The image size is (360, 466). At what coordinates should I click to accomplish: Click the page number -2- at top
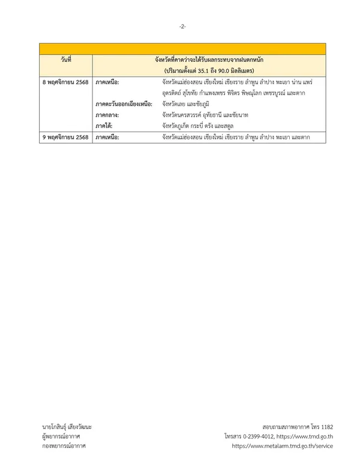click(x=182, y=27)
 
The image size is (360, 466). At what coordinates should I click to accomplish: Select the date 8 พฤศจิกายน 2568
click(x=65, y=80)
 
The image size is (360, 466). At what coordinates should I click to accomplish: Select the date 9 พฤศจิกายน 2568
click(x=65, y=138)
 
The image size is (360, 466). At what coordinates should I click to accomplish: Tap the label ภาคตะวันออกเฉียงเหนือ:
click(x=123, y=103)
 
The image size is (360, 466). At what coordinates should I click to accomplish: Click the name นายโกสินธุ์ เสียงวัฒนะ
click(x=67, y=427)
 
